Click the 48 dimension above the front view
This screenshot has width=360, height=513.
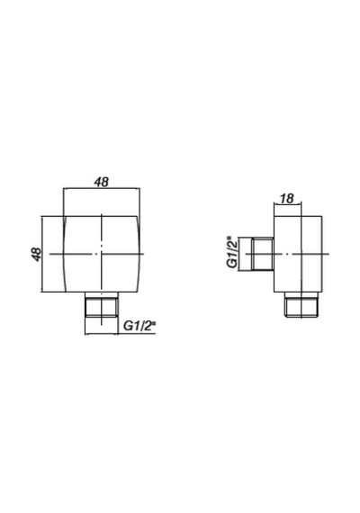pyautogui.click(x=101, y=182)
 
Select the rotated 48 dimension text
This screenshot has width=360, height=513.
pyautogui.click(x=37, y=254)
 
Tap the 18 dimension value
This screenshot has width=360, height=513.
pyautogui.click(x=287, y=199)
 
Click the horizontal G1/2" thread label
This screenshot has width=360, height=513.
pyautogui.click(x=139, y=326)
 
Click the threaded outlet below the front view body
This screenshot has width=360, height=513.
pyautogui.click(x=101, y=304)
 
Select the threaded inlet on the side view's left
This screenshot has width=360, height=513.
pyautogui.click(x=263, y=254)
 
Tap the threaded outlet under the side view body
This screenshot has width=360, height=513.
pyautogui.click(x=301, y=304)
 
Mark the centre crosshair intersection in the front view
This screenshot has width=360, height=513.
pyautogui.click(x=102, y=254)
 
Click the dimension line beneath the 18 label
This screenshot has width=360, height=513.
pyautogui.click(x=287, y=205)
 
